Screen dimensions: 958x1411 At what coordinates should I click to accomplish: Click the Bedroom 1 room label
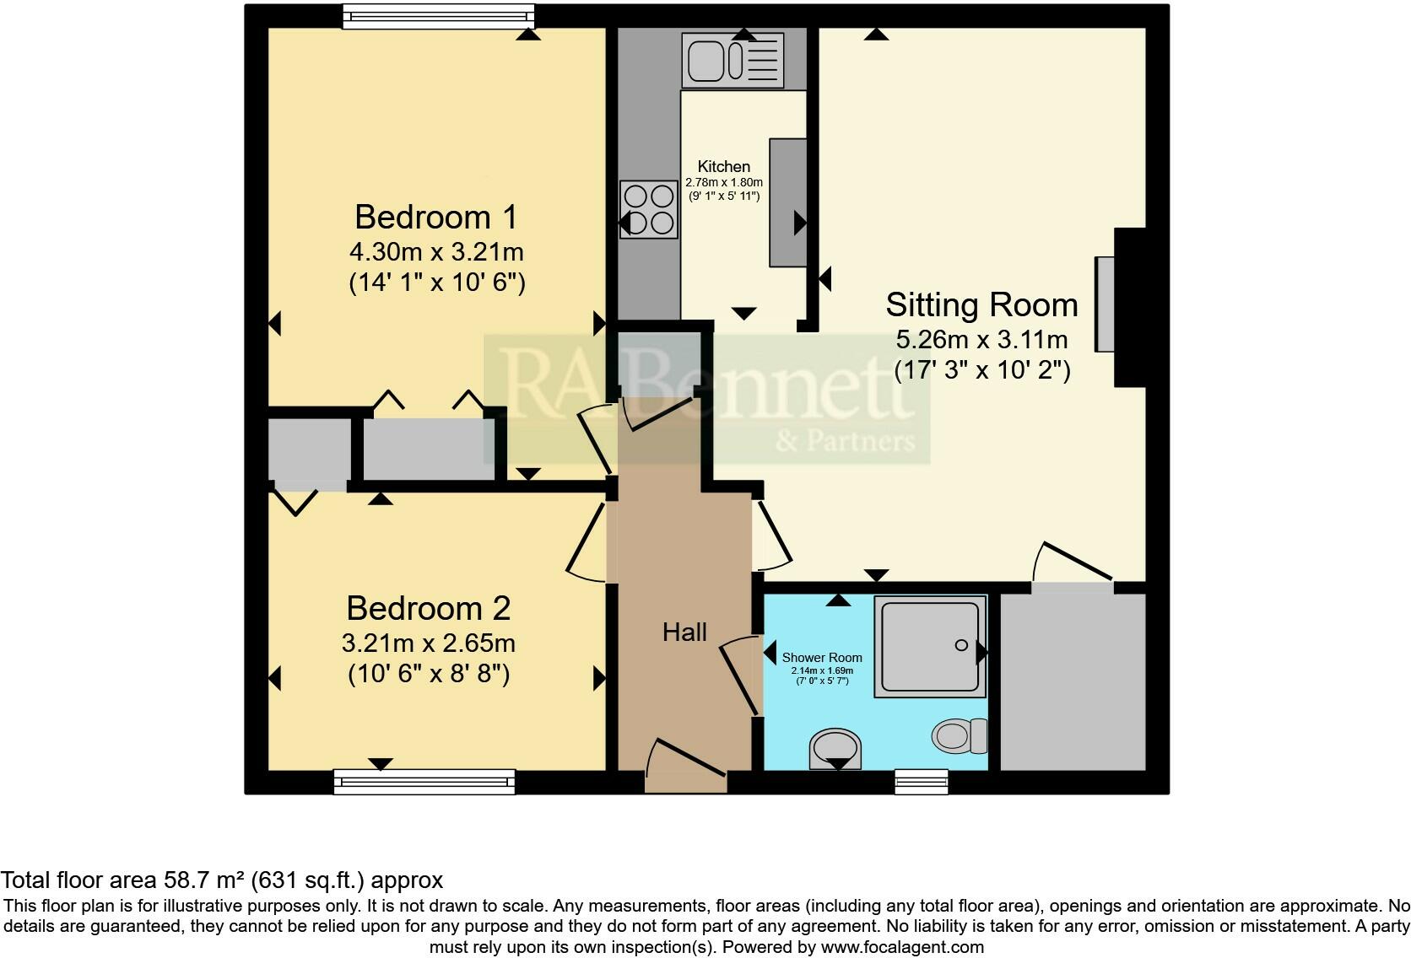435,217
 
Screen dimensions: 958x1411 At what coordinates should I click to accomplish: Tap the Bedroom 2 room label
428,608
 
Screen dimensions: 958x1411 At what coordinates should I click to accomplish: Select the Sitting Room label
981,304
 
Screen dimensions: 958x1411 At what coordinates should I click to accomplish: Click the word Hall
684,632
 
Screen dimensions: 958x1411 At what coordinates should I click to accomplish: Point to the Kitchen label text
723,166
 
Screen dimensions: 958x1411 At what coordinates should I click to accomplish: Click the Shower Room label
821,658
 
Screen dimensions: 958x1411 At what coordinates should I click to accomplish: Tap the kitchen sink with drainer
733,61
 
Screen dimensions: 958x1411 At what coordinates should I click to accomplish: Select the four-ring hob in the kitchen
649,209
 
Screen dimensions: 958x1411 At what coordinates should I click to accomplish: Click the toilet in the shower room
960,736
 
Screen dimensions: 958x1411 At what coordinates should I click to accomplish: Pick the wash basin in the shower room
835,748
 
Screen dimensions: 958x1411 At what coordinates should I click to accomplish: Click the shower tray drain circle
960,645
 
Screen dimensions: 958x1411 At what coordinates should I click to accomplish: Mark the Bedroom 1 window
438,16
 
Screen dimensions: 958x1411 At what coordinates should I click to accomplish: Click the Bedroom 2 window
424,782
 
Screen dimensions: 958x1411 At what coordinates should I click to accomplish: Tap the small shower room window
921,782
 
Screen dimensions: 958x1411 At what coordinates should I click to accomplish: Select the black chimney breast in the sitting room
1130,307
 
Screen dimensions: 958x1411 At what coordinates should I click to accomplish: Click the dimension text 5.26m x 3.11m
981,340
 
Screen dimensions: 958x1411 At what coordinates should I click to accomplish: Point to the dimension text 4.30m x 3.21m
436,251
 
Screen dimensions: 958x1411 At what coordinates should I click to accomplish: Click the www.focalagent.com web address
901,947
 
